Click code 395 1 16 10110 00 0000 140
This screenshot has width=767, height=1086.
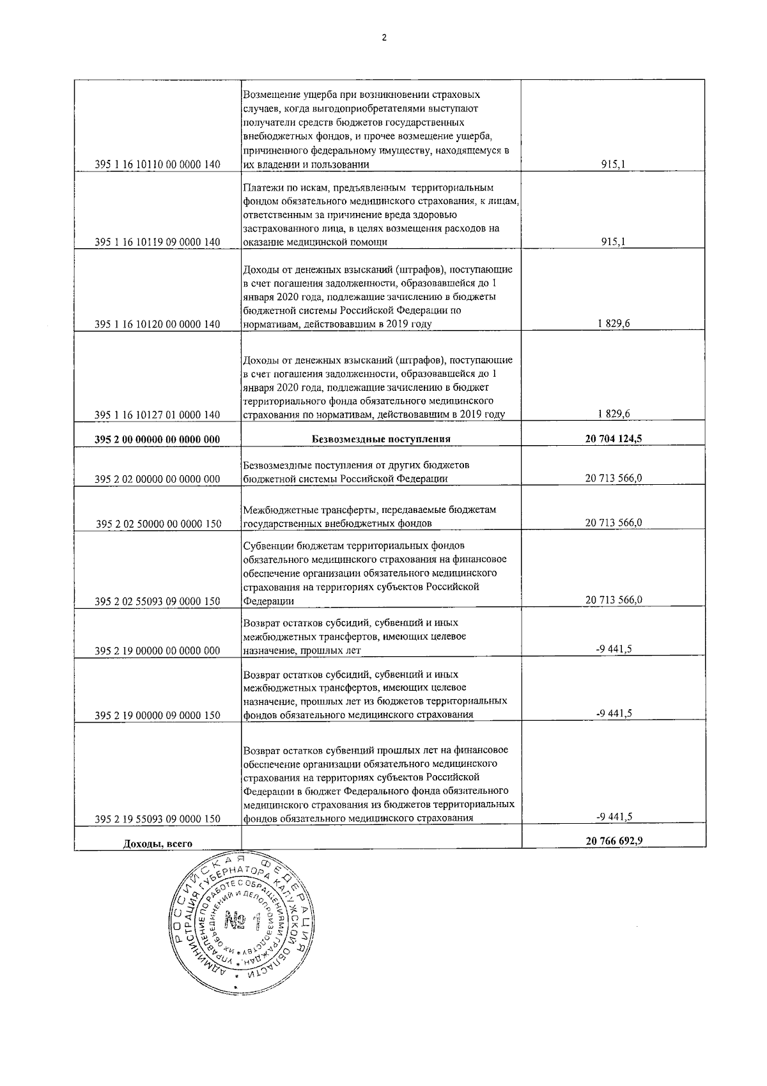[157, 165]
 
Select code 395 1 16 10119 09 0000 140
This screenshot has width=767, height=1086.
[157, 242]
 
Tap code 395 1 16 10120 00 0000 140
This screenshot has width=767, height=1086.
[157, 324]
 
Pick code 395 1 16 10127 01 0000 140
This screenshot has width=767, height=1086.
[157, 415]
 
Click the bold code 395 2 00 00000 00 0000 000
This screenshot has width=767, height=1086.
[157, 439]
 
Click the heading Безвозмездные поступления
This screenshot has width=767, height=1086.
[381, 439]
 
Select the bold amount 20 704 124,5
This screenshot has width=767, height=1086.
[614, 439]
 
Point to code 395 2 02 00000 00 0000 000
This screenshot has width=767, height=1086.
[157, 479]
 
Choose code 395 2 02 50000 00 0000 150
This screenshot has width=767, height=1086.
[159, 524]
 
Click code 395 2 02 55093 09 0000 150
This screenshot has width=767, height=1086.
[157, 601]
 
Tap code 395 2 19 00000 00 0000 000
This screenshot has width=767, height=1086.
[157, 651]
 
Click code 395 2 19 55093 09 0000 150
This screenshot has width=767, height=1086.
[157, 819]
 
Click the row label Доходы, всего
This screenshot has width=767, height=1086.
[157, 844]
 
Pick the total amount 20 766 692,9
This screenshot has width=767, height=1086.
[614, 841]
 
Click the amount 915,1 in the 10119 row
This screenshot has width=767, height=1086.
[614, 242]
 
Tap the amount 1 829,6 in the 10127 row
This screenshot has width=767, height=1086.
[614, 414]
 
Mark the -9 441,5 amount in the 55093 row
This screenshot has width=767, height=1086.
[614, 817]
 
